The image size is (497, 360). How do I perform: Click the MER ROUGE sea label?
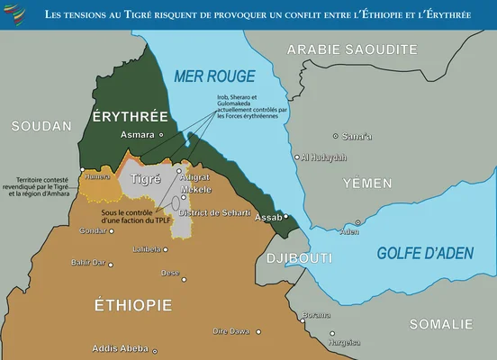tap(214, 76)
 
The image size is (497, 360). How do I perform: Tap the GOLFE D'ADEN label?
tap(424, 253)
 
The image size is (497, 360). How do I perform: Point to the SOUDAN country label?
tap(41, 127)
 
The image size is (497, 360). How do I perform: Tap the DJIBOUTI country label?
tap(300, 258)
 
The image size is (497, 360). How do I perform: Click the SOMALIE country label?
tap(440, 324)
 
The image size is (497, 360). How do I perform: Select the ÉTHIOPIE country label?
tap(133, 306)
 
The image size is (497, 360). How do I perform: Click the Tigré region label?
tap(146, 179)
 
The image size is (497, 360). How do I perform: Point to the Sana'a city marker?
tap(336, 136)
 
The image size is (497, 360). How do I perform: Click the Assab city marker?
tap(286, 217)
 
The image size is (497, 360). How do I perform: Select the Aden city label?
tap(350, 231)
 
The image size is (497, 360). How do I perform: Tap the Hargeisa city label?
tap(344, 342)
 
